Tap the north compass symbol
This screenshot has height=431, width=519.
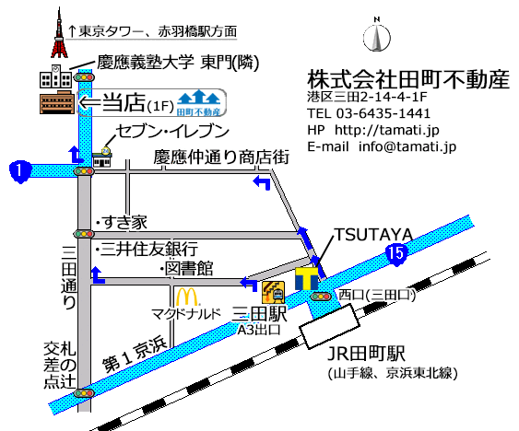click(x=376, y=37)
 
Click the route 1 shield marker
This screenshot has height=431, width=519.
click(x=17, y=169)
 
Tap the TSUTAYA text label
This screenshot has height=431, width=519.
click(x=372, y=234)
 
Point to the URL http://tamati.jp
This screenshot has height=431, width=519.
click(x=386, y=130)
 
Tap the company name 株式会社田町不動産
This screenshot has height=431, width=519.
click(x=408, y=79)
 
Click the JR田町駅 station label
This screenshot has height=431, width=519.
click(x=369, y=354)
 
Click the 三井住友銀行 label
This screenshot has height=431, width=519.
click(x=149, y=248)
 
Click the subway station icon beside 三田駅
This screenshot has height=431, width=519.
click(x=273, y=292)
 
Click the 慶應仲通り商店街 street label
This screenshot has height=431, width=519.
click(x=221, y=158)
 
